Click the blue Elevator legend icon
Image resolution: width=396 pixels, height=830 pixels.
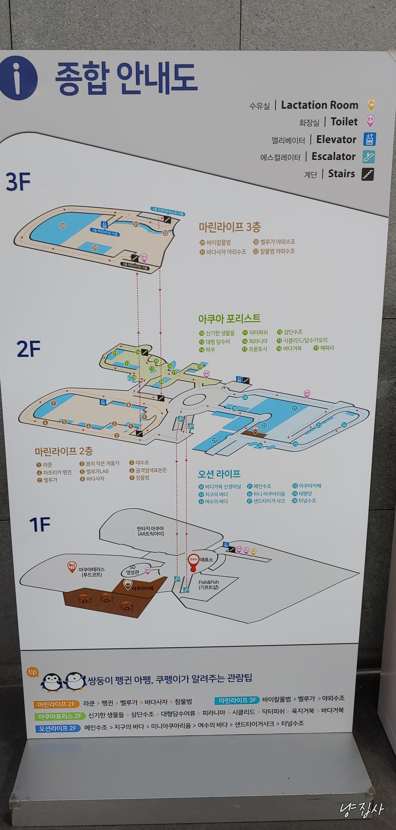370,139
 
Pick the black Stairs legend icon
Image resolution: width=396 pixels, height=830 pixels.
368,174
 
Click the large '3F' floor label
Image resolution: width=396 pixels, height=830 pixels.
18,182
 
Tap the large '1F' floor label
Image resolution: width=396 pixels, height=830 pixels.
40,525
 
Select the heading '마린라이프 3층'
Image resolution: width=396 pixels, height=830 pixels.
230,227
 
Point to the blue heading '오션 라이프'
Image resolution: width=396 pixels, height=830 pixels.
219,474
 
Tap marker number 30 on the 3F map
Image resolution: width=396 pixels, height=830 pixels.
63,226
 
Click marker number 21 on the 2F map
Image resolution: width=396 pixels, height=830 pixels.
294,408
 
